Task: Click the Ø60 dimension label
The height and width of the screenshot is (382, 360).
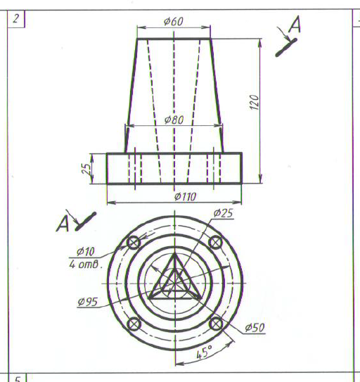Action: tap(174, 21)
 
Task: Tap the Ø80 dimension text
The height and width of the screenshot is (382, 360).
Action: tap(174, 120)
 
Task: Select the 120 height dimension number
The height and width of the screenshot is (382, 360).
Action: tap(255, 103)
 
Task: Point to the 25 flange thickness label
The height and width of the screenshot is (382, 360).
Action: tap(86, 169)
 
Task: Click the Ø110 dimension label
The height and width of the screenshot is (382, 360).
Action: tap(186, 197)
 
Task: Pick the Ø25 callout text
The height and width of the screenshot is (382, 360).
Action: tap(224, 213)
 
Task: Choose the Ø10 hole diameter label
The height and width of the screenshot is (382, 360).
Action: tap(85, 251)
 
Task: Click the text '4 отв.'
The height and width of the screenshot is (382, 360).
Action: tap(85, 265)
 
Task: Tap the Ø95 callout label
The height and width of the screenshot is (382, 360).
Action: tap(88, 302)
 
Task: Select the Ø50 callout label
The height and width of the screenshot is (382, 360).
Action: tap(255, 328)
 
